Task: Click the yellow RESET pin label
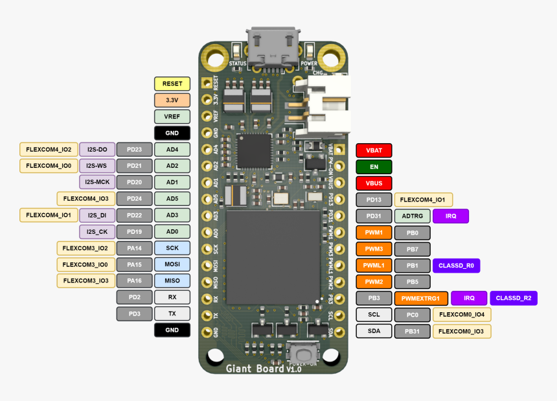pos(172,84)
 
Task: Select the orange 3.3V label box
pos(172,100)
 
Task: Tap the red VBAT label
pos(374,150)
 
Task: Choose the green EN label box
pos(374,166)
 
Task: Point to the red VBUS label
pos(374,183)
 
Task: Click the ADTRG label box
pos(412,216)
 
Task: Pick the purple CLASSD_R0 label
pos(456,266)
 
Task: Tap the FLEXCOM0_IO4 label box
pos(462,315)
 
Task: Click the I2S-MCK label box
pos(97,182)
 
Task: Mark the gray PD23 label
pos(134,150)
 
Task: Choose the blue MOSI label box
pos(172,264)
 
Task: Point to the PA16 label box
pos(134,281)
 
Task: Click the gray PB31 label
pos(412,331)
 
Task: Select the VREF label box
pos(172,117)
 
